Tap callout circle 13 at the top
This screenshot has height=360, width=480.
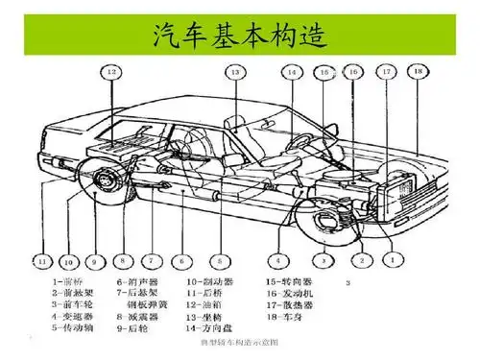234,72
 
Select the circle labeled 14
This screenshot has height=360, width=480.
291,72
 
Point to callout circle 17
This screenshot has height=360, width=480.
386,71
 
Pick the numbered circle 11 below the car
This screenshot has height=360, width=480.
41,259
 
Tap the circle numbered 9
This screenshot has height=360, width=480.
94,259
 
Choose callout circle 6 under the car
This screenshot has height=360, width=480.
181,259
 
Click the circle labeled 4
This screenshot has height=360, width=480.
278,259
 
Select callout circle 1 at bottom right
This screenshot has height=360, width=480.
390,259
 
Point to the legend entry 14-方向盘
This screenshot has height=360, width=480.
213,325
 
